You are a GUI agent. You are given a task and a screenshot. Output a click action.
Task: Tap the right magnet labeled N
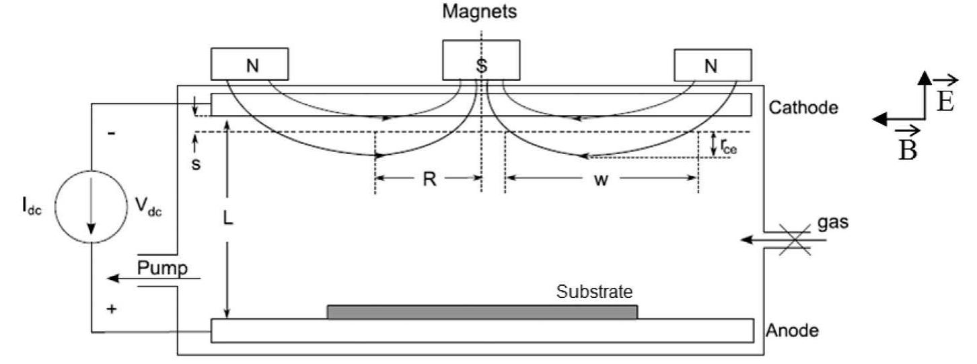[713, 65]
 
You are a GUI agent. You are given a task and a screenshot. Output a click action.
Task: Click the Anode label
[792, 330]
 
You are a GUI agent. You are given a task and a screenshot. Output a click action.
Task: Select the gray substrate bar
[482, 312]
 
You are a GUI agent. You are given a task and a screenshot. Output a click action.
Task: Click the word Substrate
[595, 292]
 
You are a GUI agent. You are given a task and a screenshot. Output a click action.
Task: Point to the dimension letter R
[427, 180]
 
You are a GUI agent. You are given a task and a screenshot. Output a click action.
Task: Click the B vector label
[908, 149]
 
